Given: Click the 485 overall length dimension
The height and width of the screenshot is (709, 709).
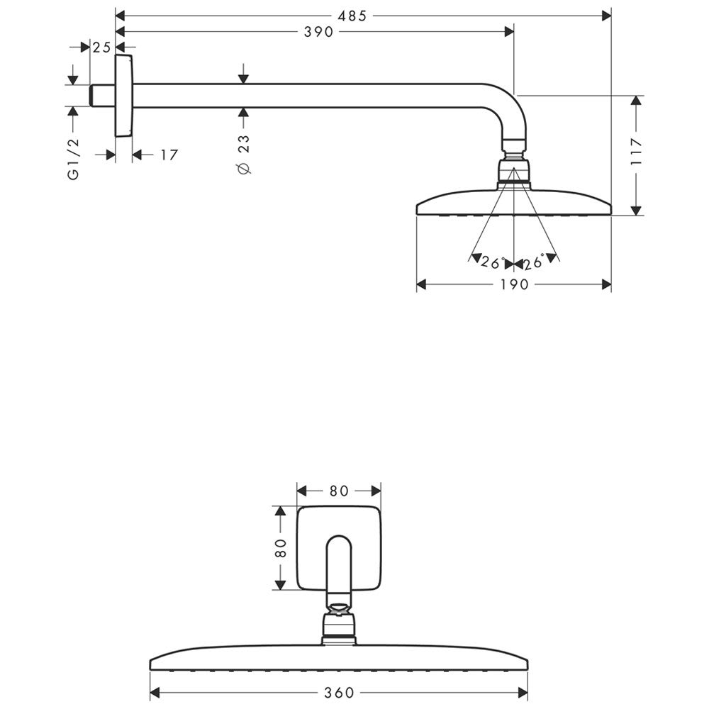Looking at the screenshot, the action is (352, 16).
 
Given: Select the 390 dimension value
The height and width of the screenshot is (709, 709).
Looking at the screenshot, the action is (318, 32).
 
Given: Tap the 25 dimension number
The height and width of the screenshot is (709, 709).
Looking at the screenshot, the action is (101, 47).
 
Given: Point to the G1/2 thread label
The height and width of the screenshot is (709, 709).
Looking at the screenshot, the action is (73, 159).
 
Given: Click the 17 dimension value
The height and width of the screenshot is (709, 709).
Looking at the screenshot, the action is (169, 155).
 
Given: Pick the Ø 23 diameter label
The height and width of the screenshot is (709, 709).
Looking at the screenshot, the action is (243, 154).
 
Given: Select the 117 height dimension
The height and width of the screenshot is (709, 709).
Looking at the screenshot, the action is (636, 151).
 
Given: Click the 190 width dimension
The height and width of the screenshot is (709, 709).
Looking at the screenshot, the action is (514, 284).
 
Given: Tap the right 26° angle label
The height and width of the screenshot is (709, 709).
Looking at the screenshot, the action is (534, 262).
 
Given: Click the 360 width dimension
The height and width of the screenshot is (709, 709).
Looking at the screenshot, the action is (339, 693).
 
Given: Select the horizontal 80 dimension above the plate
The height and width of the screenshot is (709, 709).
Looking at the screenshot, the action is (339, 491).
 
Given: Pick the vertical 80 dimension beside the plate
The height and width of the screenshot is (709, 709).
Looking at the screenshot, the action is (281, 548).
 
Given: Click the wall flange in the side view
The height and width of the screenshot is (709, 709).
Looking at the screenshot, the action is (124, 96).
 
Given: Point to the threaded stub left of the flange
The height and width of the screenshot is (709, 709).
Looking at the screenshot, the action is (103, 96).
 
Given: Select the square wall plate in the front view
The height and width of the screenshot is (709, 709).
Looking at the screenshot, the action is (339, 547).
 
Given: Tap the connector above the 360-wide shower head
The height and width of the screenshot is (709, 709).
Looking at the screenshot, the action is (339, 624).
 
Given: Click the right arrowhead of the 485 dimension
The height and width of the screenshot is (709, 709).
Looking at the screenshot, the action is (606, 16).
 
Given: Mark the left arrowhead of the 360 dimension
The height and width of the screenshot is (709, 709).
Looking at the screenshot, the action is (155, 693).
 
